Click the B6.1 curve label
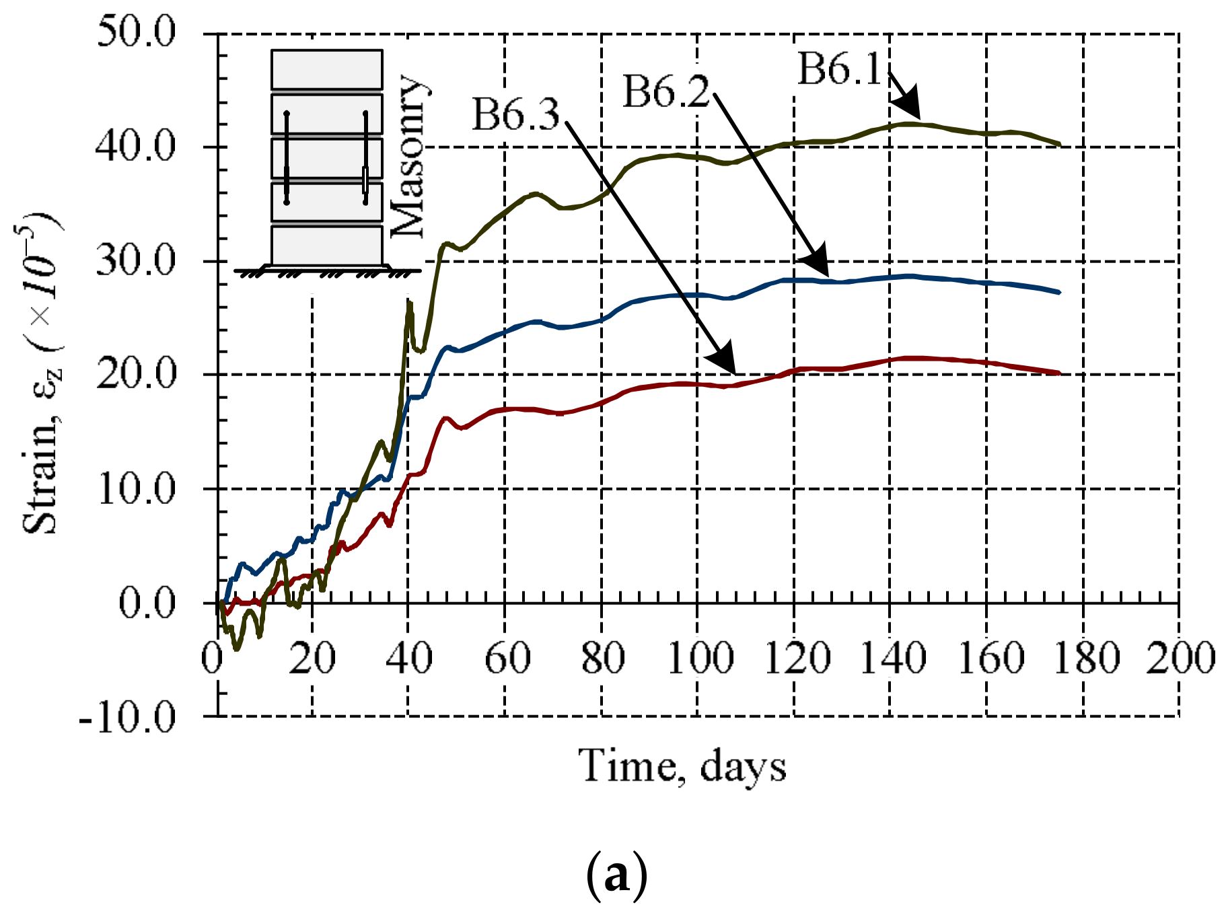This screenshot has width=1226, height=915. [839, 69]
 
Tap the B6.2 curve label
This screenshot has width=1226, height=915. [665, 91]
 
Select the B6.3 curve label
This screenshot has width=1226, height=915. [515, 114]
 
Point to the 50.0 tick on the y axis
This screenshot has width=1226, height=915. [136, 32]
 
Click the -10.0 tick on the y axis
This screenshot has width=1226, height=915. [127, 718]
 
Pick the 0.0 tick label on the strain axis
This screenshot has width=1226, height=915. [147, 603]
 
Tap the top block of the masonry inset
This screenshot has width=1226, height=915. [327, 69]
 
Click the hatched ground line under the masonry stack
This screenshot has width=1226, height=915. [327, 272]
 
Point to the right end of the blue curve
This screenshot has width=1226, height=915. [1059, 292]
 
